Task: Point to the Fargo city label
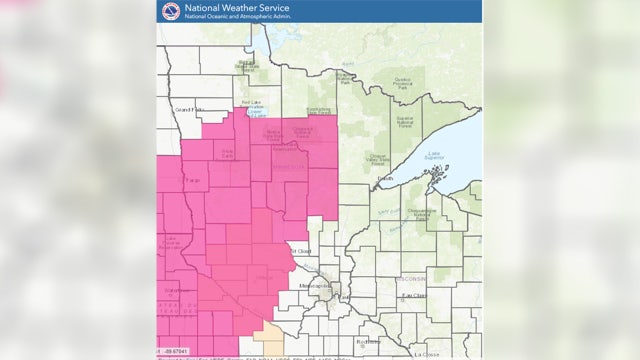pyautogui.click(x=187, y=180)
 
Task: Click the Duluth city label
pyautogui.click(x=384, y=178)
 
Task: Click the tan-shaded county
pyautogui.click(x=266, y=339)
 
